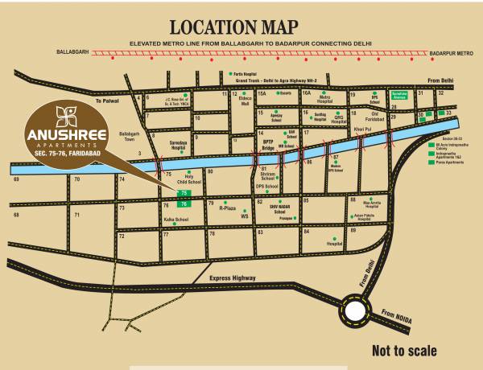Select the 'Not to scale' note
[x=404, y=351]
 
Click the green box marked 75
[x=184, y=195]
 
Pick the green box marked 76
[x=184, y=205]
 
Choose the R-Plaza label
[x=231, y=207]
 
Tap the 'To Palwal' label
[x=106, y=101]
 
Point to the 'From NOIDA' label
[x=396, y=317]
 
